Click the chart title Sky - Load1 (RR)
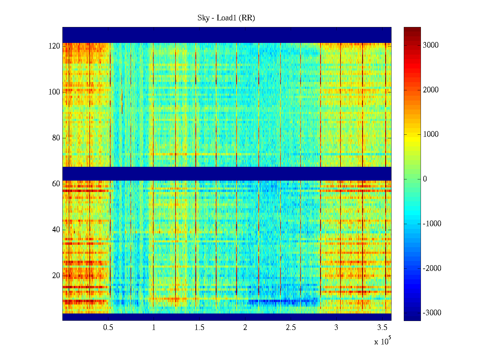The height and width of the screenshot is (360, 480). pyautogui.click(x=226, y=18)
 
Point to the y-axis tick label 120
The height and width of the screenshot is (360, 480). pyautogui.click(x=54, y=46)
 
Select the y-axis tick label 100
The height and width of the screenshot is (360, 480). pyautogui.click(x=54, y=92)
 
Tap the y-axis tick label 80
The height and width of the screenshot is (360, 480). pyautogui.click(x=56, y=138)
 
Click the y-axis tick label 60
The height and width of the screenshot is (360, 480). pyautogui.click(x=56, y=184)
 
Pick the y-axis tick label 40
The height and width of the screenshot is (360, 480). pyautogui.click(x=56, y=230)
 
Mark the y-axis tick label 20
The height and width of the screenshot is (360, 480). pyautogui.click(x=56, y=276)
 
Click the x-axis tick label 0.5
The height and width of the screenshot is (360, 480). pyautogui.click(x=108, y=328)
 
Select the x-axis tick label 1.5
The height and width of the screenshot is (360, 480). pyautogui.click(x=199, y=328)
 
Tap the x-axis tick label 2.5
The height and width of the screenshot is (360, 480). pyautogui.click(x=291, y=328)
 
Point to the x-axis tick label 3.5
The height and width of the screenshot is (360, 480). pyautogui.click(x=382, y=328)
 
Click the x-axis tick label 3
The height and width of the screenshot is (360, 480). pyautogui.click(x=336, y=328)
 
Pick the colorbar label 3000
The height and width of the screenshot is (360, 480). pyautogui.click(x=431, y=45)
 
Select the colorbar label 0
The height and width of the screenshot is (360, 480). pyautogui.click(x=425, y=179)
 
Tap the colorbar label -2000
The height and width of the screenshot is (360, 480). pyautogui.click(x=432, y=268)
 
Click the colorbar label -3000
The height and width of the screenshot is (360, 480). pyautogui.click(x=432, y=313)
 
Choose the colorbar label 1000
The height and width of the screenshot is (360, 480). pyautogui.click(x=431, y=134)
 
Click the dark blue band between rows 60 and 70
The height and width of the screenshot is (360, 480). pyautogui.click(x=227, y=174)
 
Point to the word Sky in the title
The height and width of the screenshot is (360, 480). pyautogui.click(x=203, y=18)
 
